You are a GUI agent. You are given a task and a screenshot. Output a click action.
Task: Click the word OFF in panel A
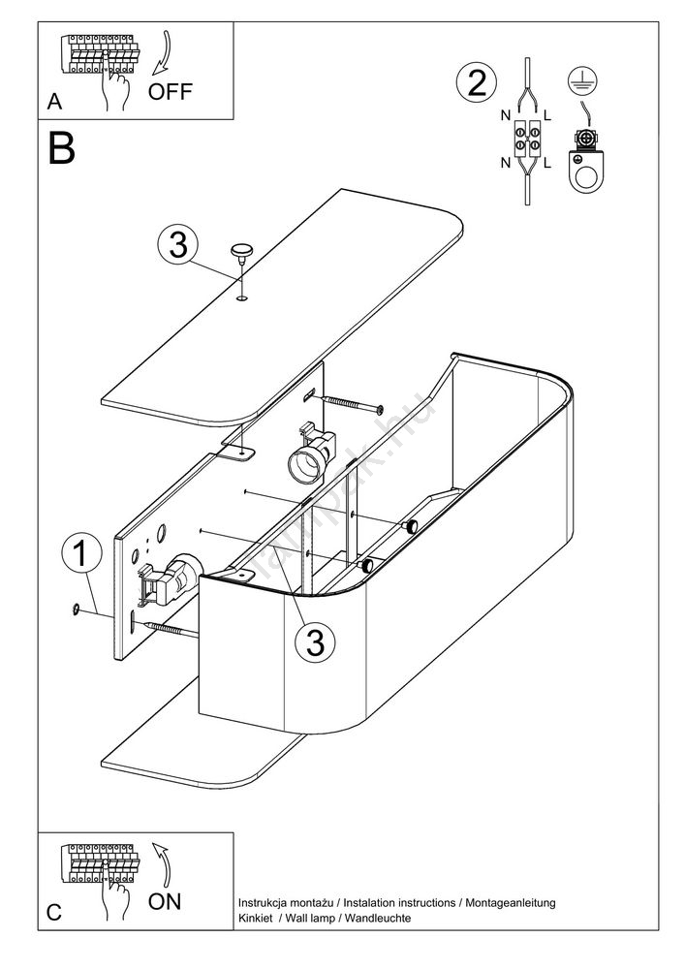171,92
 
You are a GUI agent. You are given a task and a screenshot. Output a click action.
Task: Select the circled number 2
475,82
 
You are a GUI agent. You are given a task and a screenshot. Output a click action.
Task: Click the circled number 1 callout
81,554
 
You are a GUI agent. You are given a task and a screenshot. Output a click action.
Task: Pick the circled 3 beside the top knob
177,245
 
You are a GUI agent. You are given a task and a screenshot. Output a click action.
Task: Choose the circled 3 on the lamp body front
315,640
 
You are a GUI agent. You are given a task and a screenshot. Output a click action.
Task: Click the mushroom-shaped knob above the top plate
240,252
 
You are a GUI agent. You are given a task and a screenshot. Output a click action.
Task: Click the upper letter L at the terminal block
548,115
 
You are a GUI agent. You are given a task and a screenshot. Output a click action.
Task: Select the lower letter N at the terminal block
505,162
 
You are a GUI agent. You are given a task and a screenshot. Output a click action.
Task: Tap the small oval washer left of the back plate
75,609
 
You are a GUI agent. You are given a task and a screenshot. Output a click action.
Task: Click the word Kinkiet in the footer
255,918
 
